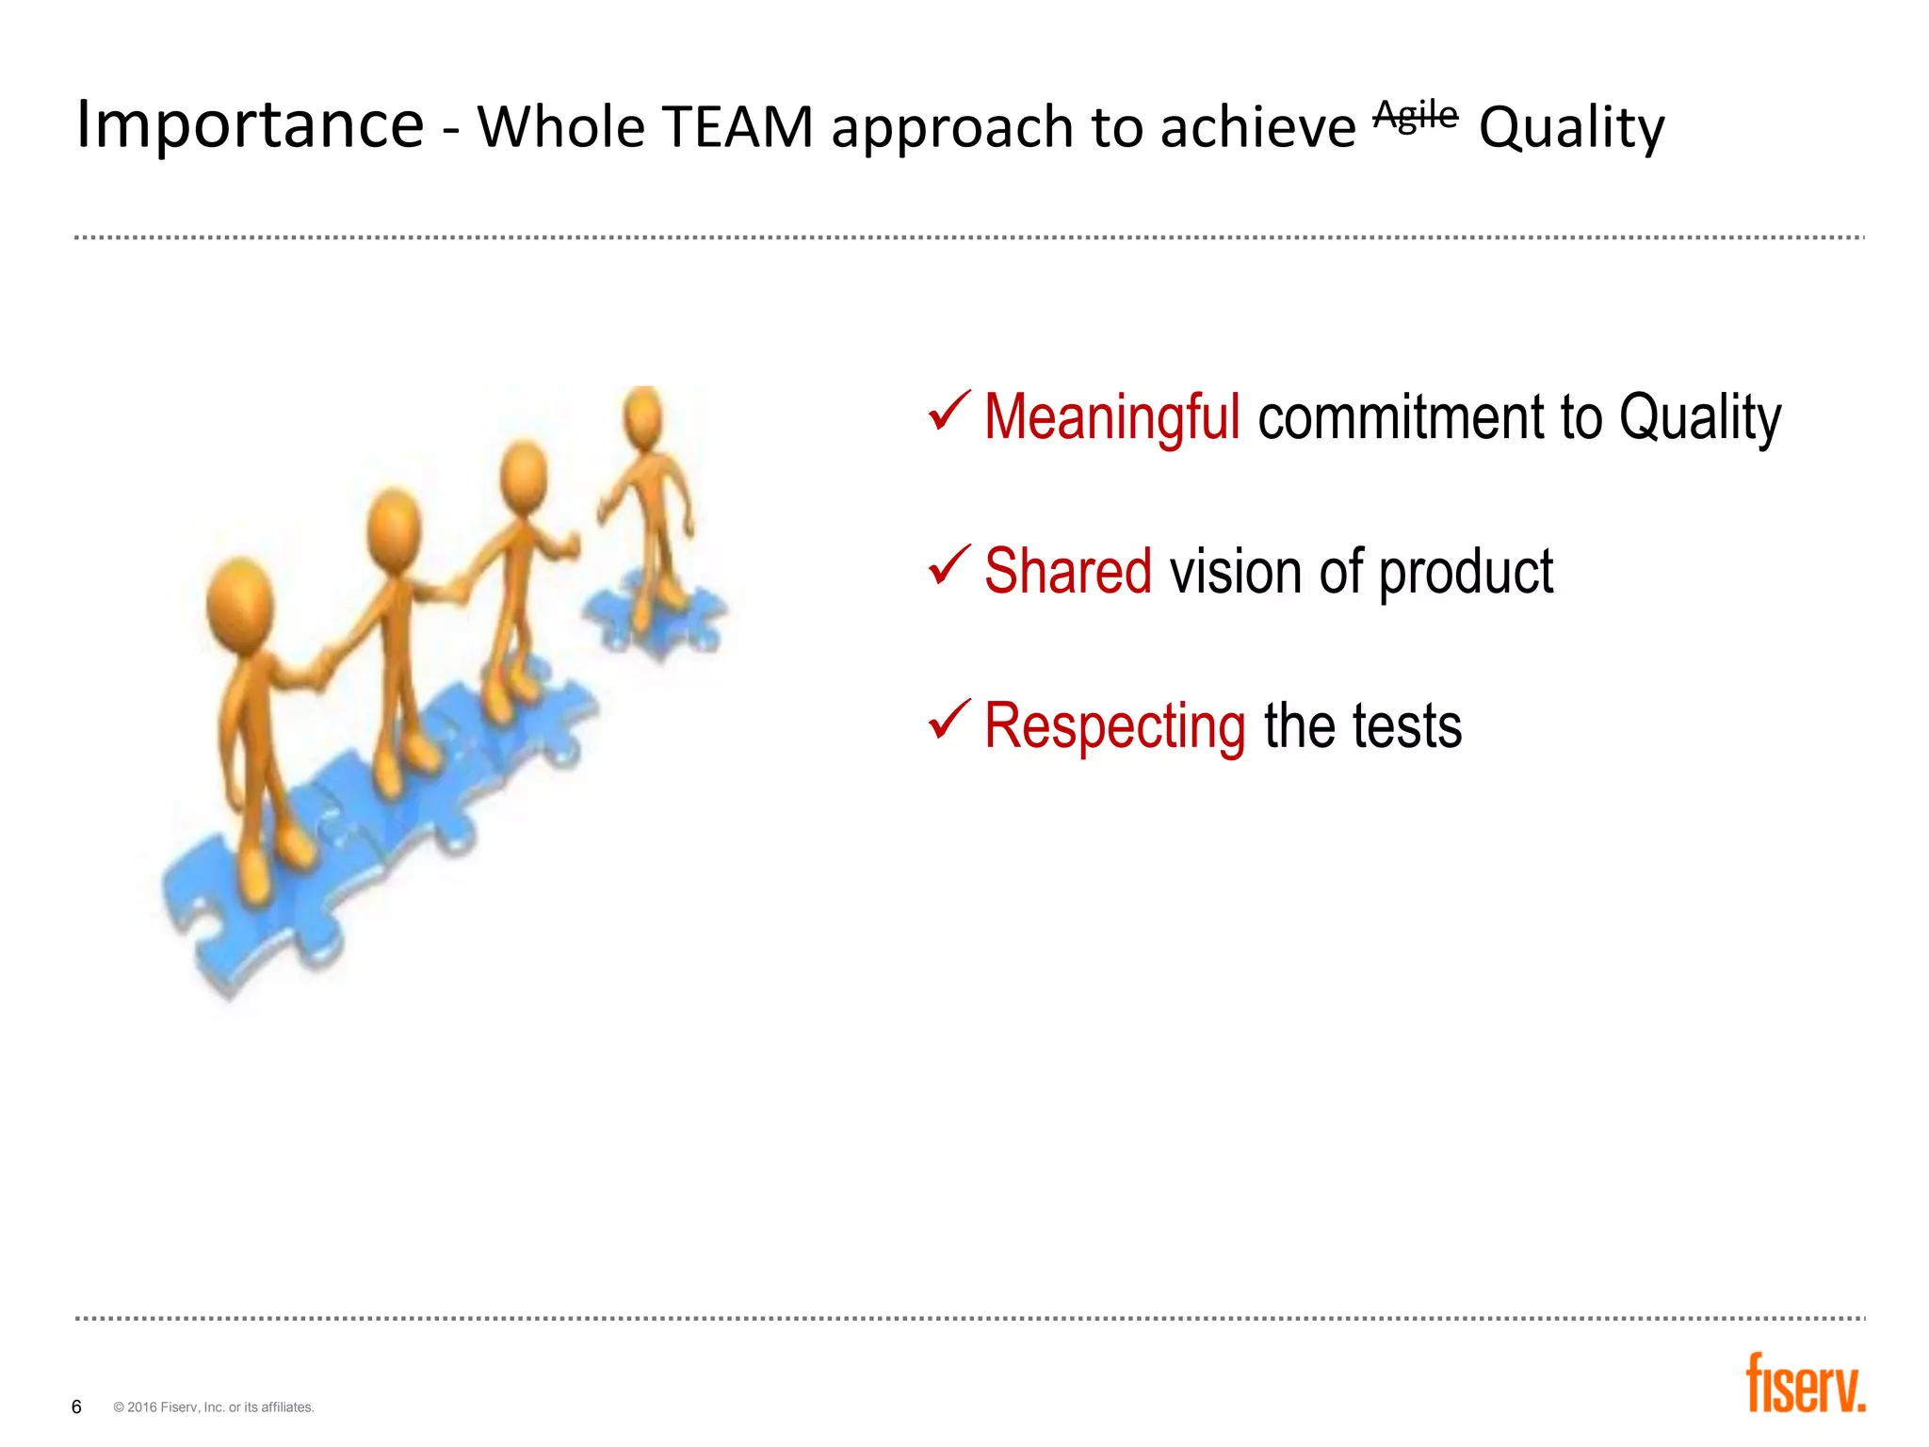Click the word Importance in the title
point(250,125)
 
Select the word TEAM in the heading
point(737,127)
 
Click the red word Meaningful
point(1111,417)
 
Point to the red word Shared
point(1067,572)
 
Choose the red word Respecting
point(1114,726)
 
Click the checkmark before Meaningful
point(948,412)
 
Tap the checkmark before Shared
point(948,565)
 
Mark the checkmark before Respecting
point(948,721)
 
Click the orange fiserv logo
point(1805,1384)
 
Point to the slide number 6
point(76,1406)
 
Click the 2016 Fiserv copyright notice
point(214,1407)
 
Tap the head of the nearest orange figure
point(239,606)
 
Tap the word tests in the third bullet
point(1407,726)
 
